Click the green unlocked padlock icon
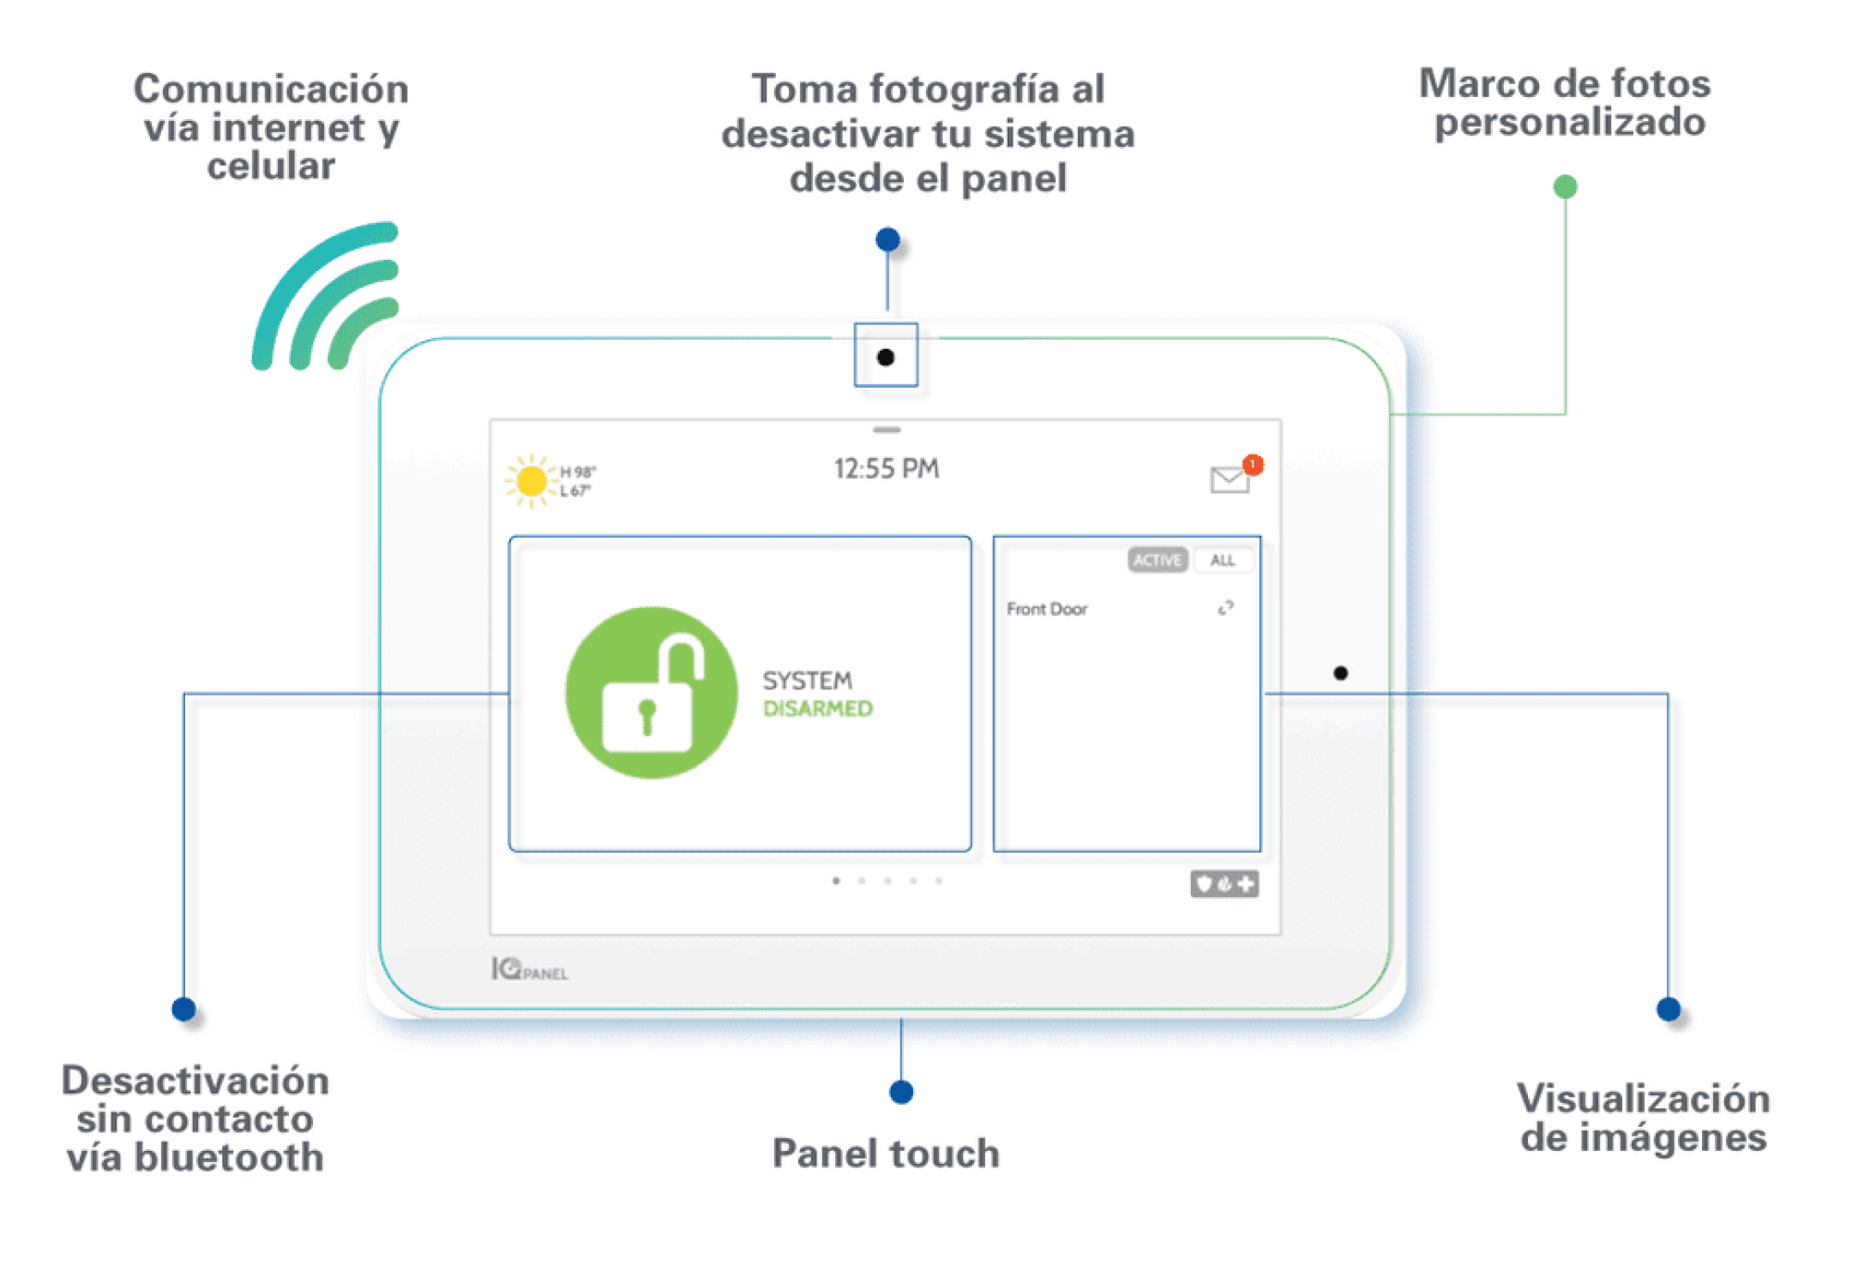pyautogui.click(x=652, y=693)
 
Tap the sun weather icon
pyautogui.click(x=532, y=481)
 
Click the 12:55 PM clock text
pyautogui.click(x=887, y=469)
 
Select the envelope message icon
pyautogui.click(x=1230, y=480)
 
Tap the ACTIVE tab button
pyautogui.click(x=1157, y=560)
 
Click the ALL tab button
pyautogui.click(x=1223, y=560)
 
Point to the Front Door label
pyautogui.click(x=1047, y=609)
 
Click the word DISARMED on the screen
pyautogui.click(x=818, y=709)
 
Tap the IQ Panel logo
pyautogui.click(x=529, y=970)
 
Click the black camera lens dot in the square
pyautogui.click(x=886, y=358)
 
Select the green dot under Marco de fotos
pyautogui.click(x=1565, y=186)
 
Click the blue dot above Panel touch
pyautogui.click(x=901, y=1092)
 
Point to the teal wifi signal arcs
pyautogui.click(x=326, y=296)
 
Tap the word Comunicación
pyautogui.click(x=271, y=89)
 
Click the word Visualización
pyautogui.click(x=1643, y=1099)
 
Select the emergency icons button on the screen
pyautogui.click(x=1224, y=883)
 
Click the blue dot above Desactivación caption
pyautogui.click(x=183, y=1009)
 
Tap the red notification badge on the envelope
pyautogui.click(x=1253, y=464)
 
